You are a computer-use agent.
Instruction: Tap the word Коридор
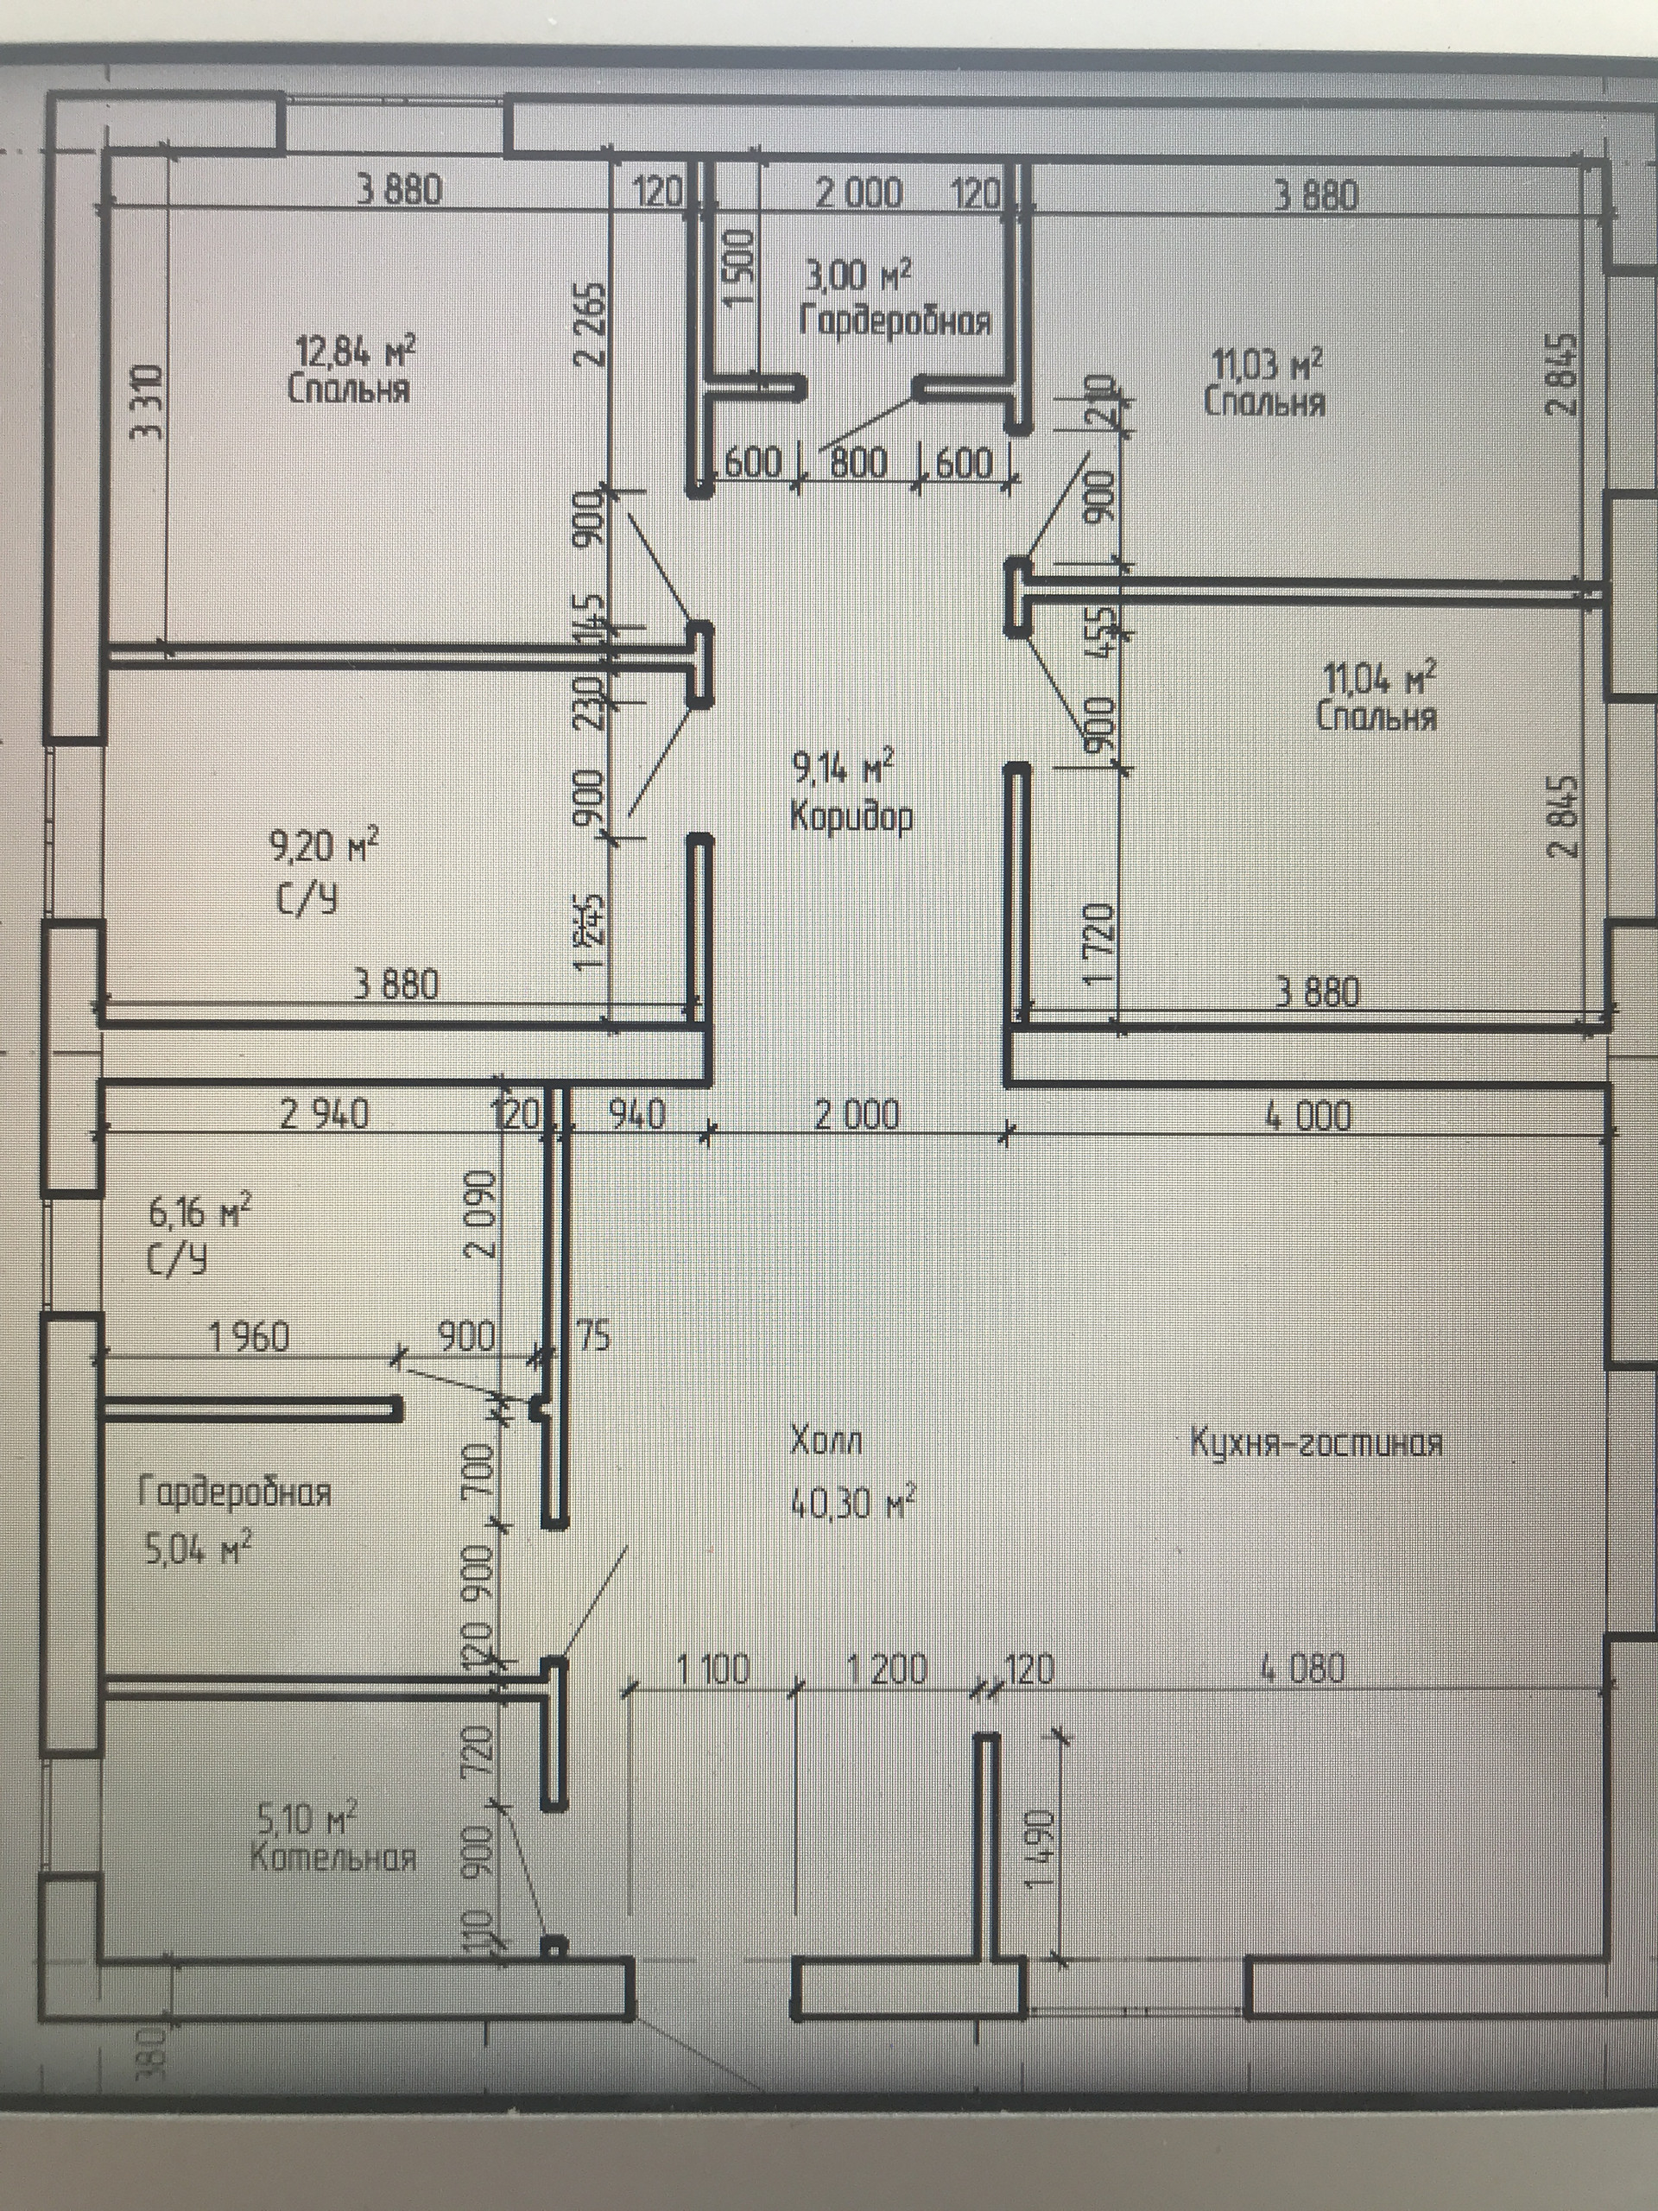(851, 817)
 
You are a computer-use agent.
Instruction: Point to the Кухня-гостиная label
(1315, 1442)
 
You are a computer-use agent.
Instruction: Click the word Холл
(826, 1441)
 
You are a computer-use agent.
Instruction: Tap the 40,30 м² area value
(851, 1501)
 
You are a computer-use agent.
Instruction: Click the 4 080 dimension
(1302, 1669)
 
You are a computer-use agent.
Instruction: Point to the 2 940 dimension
(324, 1114)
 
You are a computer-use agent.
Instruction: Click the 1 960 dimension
(249, 1336)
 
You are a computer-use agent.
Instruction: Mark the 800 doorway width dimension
(858, 463)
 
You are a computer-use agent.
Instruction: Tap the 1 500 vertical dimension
(738, 268)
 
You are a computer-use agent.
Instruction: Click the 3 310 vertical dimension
(145, 402)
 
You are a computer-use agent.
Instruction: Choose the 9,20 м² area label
(323, 847)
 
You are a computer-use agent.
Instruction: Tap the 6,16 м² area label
(199, 1213)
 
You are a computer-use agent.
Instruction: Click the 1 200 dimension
(887, 1669)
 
